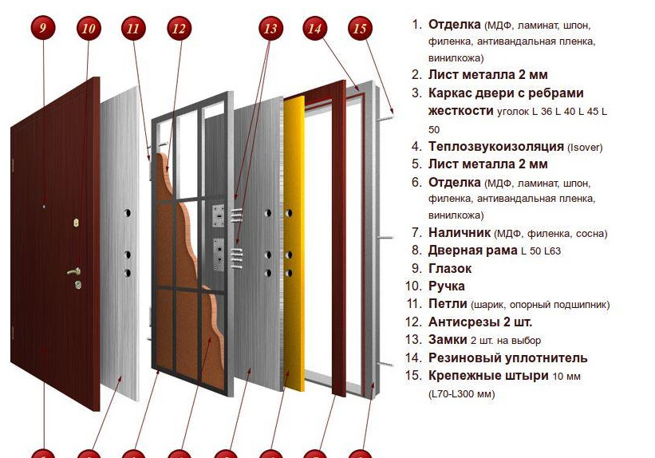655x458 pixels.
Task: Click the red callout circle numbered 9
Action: (x=43, y=28)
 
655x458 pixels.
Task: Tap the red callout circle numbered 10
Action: (x=89, y=28)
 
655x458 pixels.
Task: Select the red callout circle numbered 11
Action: (x=133, y=28)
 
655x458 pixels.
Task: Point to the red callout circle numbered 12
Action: (x=179, y=28)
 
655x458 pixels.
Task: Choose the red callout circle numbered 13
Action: (x=270, y=28)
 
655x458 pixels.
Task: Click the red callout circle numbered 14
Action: (x=314, y=28)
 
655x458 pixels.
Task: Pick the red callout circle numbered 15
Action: (x=360, y=28)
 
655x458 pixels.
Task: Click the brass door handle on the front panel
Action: (x=74, y=271)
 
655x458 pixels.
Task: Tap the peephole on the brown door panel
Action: (x=43, y=206)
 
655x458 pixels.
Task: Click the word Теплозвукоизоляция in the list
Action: (x=496, y=147)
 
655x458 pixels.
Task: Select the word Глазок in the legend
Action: (x=450, y=268)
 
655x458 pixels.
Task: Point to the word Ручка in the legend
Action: (x=447, y=286)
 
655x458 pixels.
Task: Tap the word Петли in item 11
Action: (x=448, y=304)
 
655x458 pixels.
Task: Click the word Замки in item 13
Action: (x=448, y=340)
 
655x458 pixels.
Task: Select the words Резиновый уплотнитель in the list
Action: (x=508, y=358)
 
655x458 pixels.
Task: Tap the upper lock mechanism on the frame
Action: (x=218, y=215)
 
